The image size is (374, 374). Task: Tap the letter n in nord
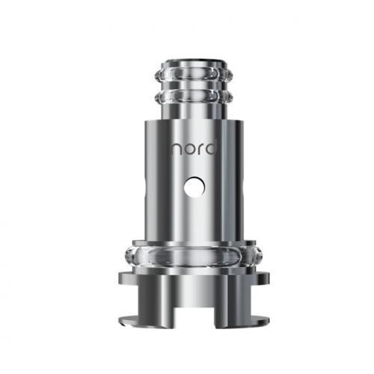point(176,150)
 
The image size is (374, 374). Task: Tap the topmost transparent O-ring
point(194,74)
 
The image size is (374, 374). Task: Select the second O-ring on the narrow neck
point(194,96)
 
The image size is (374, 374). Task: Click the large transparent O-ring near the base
point(193,256)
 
